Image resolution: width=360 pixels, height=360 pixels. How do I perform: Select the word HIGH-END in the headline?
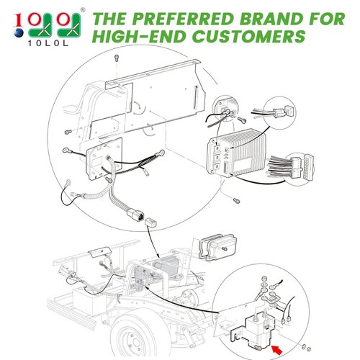click(138, 36)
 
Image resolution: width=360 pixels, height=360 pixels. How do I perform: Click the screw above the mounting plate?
click(117, 57)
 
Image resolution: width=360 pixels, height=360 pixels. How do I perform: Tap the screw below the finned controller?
click(236, 196)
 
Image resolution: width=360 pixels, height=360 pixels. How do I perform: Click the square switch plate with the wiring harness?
click(102, 158)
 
